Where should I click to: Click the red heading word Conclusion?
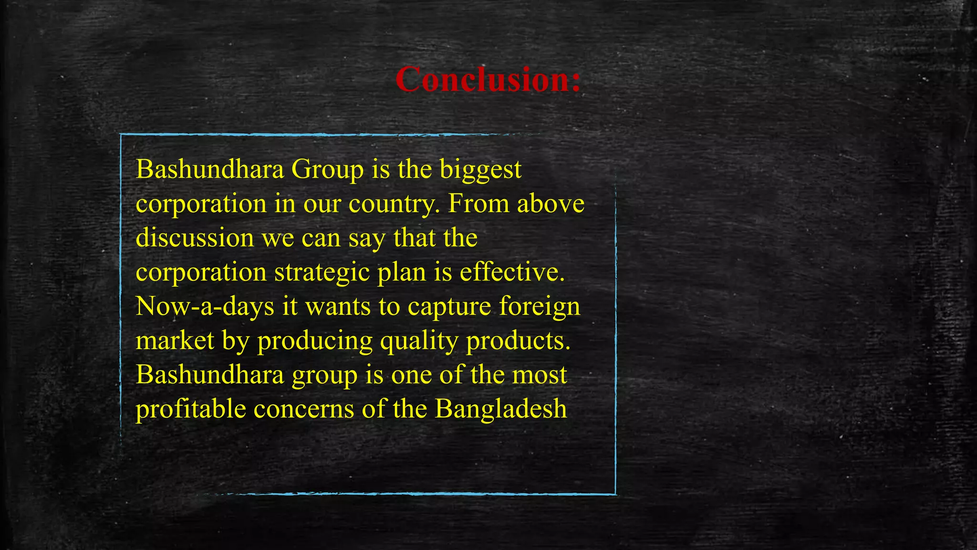point(488,79)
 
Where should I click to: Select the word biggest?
point(480,169)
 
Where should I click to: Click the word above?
point(551,203)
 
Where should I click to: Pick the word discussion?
point(195,238)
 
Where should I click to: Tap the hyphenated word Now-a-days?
point(205,307)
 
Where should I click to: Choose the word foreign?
point(540,307)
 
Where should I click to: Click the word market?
point(175,341)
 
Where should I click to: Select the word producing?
point(315,341)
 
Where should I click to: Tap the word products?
point(518,341)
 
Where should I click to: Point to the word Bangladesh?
point(500,409)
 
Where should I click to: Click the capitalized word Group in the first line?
point(327,169)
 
